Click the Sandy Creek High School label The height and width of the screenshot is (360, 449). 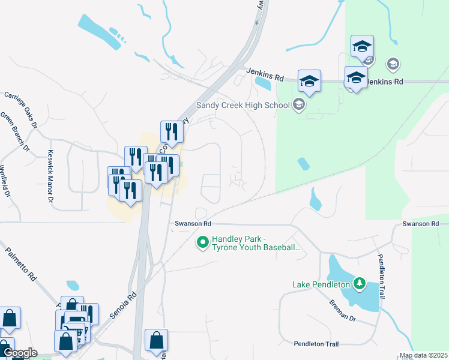(x=243, y=106)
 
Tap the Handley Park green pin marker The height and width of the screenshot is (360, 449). (x=203, y=242)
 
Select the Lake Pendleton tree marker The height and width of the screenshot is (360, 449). (x=360, y=283)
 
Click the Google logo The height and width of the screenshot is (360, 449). (x=19, y=353)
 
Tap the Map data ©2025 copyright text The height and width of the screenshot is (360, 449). (x=423, y=356)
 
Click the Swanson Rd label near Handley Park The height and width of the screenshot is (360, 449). (x=193, y=224)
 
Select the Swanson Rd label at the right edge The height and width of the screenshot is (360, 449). (x=417, y=224)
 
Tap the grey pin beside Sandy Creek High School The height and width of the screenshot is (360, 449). (x=299, y=106)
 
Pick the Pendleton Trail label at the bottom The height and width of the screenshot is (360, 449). (x=316, y=344)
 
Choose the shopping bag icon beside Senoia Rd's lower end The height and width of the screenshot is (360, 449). (x=156, y=340)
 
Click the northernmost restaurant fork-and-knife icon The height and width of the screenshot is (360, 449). (x=171, y=132)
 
